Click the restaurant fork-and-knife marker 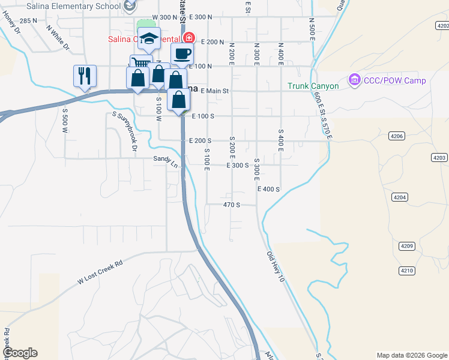(85, 76)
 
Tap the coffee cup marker (182, 53)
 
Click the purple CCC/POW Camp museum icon (354, 80)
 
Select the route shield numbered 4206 (397, 136)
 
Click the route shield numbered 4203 (439, 157)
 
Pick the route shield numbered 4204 (400, 197)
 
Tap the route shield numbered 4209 (408, 246)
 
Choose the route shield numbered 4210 (407, 271)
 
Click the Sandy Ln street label (166, 161)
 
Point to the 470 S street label (231, 205)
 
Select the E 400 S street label (268, 189)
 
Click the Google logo (20, 353)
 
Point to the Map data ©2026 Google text (411, 355)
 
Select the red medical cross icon (189, 38)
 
